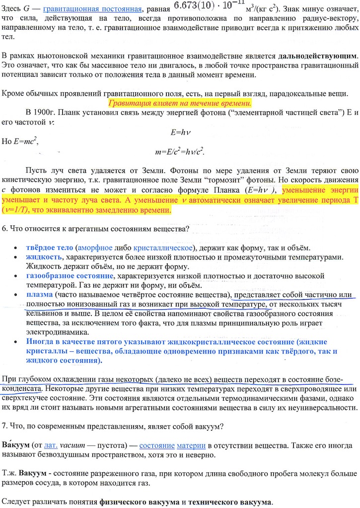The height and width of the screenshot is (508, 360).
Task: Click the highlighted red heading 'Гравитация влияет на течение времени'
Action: pyautogui.click(x=180, y=104)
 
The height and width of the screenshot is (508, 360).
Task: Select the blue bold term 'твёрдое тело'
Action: pyautogui.click(x=49, y=248)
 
